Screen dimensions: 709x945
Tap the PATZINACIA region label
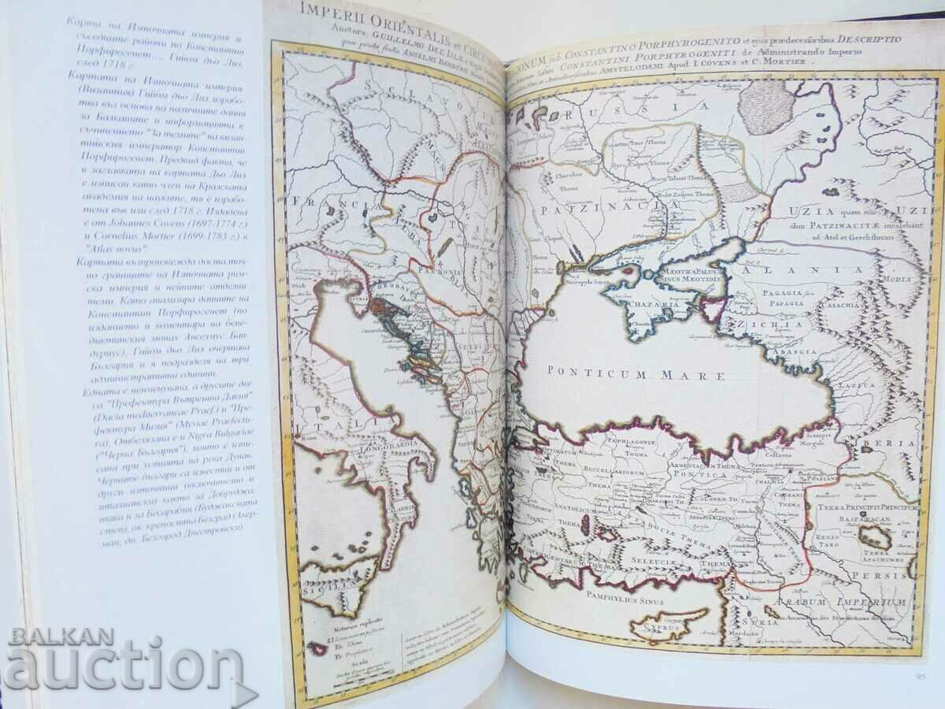(599, 210)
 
